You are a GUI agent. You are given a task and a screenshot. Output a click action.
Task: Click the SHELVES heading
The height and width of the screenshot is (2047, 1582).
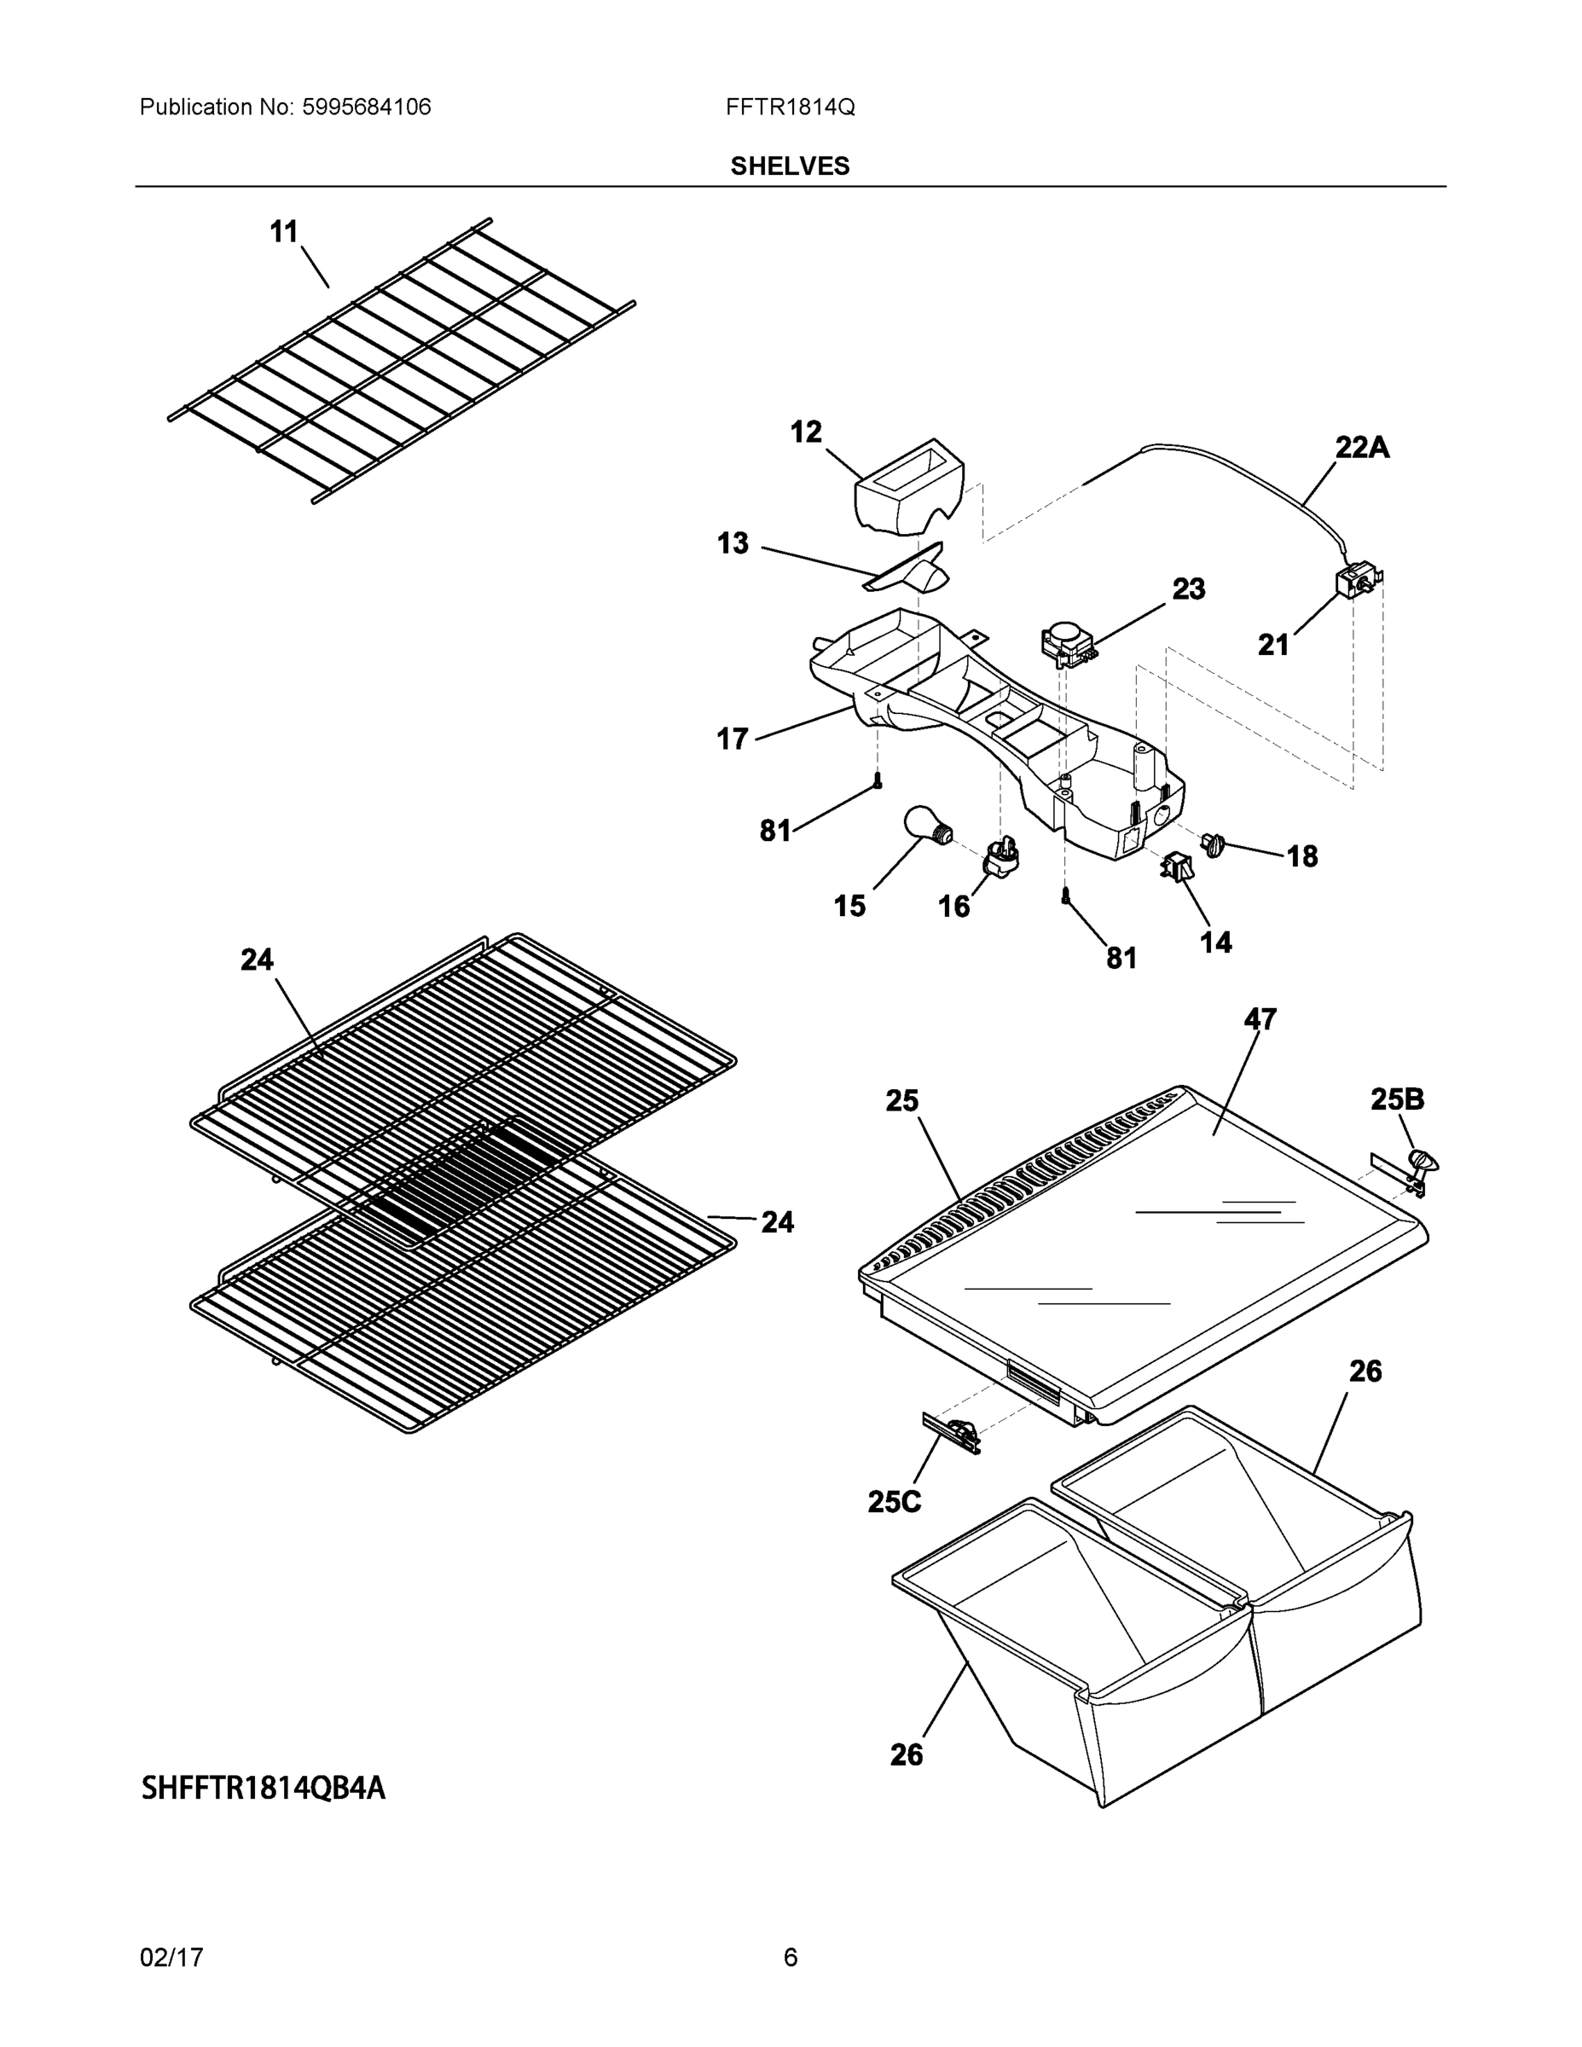click(x=789, y=166)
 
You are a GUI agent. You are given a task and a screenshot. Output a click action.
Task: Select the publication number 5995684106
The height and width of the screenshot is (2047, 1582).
click(x=367, y=107)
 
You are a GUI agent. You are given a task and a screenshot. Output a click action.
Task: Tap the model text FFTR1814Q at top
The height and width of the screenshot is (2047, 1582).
click(x=789, y=107)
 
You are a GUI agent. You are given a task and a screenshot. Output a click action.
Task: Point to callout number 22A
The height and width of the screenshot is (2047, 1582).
click(x=1362, y=448)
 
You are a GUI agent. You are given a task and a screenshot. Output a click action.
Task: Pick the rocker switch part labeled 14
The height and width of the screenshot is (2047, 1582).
click(x=1178, y=867)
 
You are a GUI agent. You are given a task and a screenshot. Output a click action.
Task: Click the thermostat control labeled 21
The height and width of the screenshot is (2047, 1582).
click(x=1357, y=582)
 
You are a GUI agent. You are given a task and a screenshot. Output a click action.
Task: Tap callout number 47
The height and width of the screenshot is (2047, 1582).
click(x=1260, y=1019)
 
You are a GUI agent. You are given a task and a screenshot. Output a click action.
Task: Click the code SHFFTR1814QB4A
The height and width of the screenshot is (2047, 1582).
click(x=264, y=1789)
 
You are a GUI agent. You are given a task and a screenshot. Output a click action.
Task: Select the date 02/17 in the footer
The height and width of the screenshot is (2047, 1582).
click(x=171, y=1957)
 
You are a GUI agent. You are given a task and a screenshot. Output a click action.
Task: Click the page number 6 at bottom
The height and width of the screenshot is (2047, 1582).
click(x=790, y=1957)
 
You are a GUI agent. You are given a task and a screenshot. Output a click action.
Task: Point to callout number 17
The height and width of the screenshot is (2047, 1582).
click(x=732, y=739)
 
